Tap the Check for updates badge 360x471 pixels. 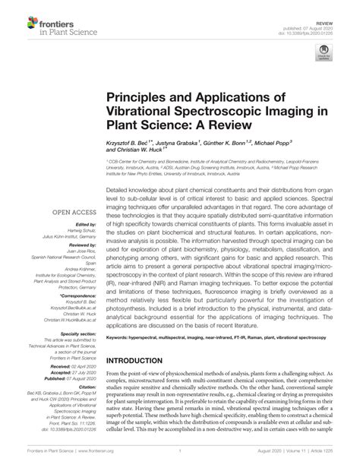click(325, 54)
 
